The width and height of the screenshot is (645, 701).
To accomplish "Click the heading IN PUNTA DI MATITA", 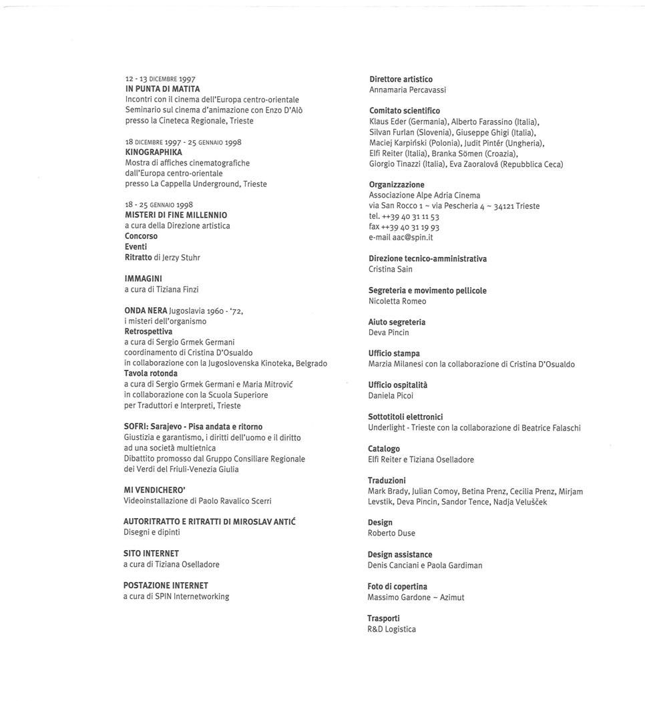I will click(162, 89).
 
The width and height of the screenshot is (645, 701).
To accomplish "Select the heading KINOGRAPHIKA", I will click(154, 152).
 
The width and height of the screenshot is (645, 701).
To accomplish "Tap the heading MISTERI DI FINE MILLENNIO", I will click(176, 215).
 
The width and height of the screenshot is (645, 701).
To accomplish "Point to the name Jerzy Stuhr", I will click(181, 257).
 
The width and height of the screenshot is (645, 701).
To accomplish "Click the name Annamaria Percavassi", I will click(407, 89).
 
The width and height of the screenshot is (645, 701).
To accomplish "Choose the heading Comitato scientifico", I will click(405, 111).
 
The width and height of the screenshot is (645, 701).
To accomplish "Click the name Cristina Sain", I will click(391, 269).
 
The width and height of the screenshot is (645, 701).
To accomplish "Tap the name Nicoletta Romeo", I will click(397, 301).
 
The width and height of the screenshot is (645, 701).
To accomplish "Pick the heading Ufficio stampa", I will click(394, 353).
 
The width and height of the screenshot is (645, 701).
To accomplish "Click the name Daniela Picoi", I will click(391, 395).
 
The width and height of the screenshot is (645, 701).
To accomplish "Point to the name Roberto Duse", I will click(391, 533).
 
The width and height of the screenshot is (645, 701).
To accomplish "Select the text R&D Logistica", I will click(391, 629).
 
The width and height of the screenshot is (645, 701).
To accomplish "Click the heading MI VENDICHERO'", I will click(154, 490).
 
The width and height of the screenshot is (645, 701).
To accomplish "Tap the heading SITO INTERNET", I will click(151, 553).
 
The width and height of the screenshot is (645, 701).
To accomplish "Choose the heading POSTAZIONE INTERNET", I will click(166, 586).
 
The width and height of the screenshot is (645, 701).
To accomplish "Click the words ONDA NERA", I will click(146, 310).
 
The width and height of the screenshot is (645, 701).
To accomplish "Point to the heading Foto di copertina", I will click(397, 586).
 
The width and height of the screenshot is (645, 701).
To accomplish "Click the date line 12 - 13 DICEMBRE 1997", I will click(160, 79).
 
